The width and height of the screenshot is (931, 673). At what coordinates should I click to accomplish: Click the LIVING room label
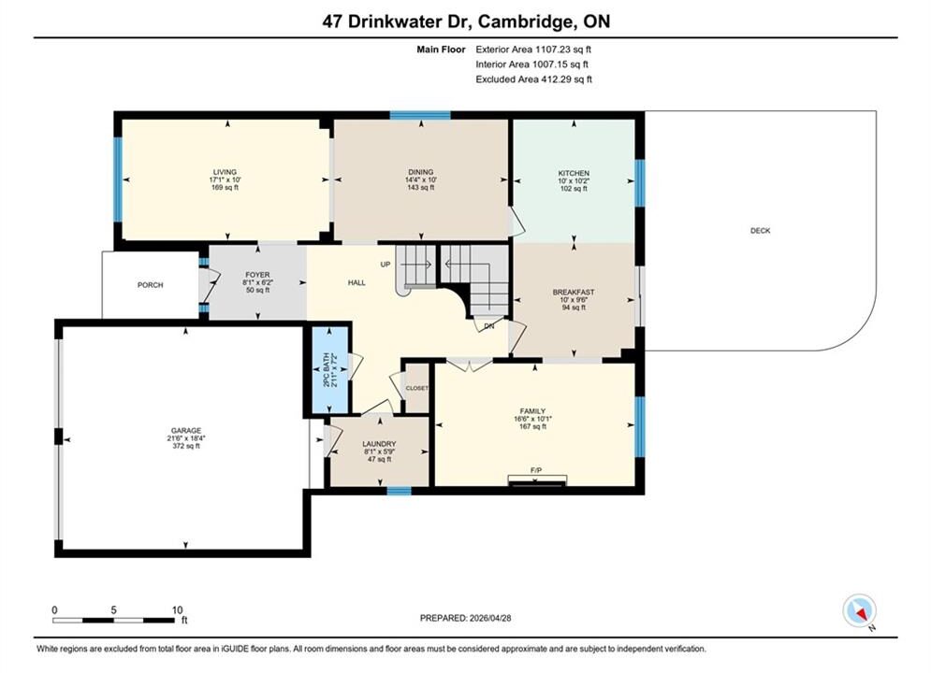(225, 172)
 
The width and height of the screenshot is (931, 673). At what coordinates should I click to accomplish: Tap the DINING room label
(420, 172)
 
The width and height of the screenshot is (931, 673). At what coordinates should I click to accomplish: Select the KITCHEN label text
(574, 173)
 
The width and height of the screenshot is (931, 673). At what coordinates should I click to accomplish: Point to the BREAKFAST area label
(574, 293)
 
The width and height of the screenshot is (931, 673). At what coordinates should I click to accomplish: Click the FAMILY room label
(532, 411)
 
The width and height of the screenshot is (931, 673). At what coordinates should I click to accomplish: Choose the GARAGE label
(186, 431)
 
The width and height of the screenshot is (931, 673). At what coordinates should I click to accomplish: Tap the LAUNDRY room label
(379, 444)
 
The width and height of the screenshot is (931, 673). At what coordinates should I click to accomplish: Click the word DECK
(760, 231)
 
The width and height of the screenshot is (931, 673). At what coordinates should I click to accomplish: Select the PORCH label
(151, 284)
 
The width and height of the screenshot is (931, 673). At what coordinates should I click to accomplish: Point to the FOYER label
(257, 275)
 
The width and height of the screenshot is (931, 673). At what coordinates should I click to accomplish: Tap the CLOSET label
(416, 389)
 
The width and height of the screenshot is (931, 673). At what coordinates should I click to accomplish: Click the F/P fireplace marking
(536, 470)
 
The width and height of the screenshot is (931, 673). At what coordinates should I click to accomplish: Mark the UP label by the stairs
(385, 265)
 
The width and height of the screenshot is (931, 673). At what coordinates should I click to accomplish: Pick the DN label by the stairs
(489, 326)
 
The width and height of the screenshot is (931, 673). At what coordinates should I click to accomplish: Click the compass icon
(859, 610)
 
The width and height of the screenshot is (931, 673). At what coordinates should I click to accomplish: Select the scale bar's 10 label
(177, 610)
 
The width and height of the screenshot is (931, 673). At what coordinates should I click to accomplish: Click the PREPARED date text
(466, 618)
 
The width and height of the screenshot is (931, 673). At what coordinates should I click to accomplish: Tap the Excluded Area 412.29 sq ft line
(533, 79)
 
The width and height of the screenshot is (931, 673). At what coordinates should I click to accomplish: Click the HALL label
(356, 283)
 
